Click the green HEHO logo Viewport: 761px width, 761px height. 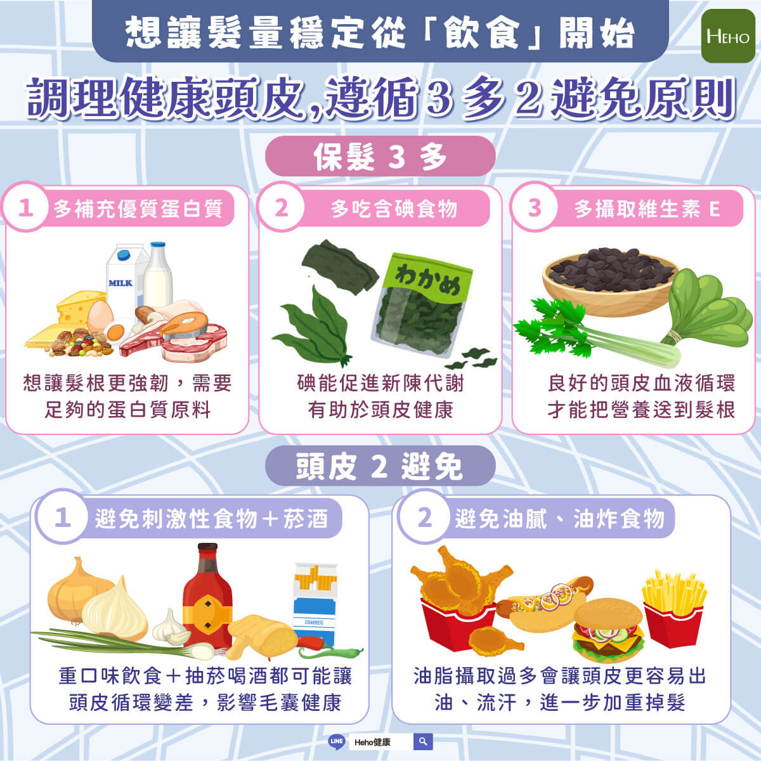pos(728,36)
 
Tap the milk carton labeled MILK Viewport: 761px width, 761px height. pos(124,280)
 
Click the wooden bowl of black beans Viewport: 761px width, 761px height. pos(611,281)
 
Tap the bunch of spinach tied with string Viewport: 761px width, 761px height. pos(708,310)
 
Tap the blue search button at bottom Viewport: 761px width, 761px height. pos(423,741)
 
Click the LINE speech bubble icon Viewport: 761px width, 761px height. pos(337,741)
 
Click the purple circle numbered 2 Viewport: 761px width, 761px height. pos(425,517)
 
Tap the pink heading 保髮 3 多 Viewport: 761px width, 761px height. pos(380,157)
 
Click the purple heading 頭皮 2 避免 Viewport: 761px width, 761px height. pos(380,466)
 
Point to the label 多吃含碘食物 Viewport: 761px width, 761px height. pos(394,209)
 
